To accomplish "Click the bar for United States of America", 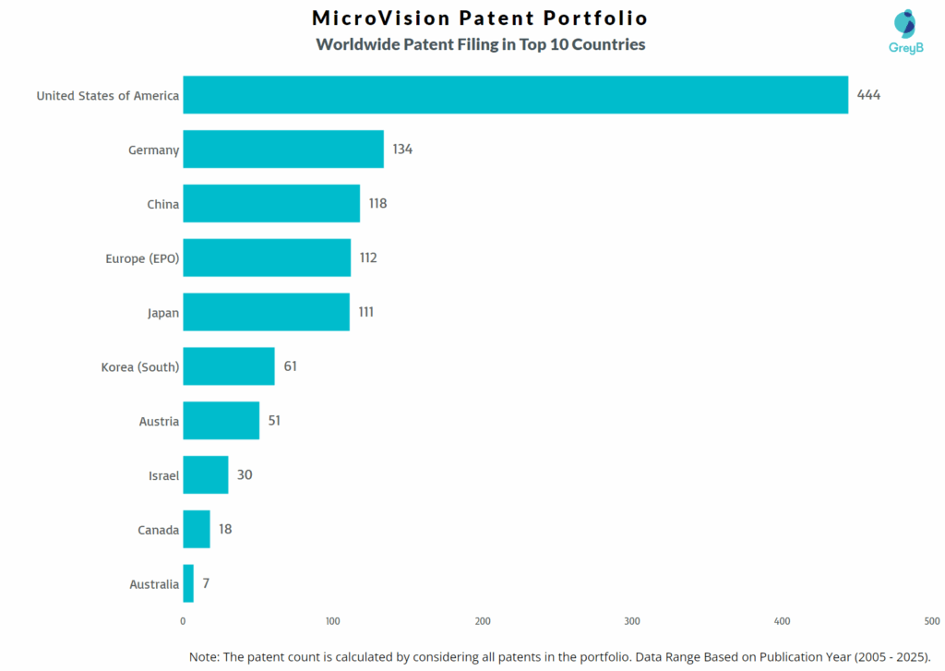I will point(515,95).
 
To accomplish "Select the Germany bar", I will point(283,150).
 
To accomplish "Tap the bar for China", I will point(271,204).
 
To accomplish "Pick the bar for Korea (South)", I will point(229,366).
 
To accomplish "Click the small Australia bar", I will point(188,583).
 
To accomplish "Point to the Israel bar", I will point(206,474).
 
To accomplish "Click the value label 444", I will point(868,95).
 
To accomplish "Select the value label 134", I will point(401,150).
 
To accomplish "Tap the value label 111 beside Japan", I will point(366,312).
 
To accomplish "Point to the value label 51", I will point(274,421).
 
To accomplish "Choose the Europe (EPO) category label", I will point(142,258).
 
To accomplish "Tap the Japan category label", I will point(162,313).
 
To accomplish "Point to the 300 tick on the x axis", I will point(632,620).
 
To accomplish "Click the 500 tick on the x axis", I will point(932,620).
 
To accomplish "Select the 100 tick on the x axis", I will point(333,620).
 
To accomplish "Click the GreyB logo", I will point(905,31).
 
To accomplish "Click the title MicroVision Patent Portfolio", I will point(480,18).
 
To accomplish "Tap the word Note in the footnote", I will point(206,656).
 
